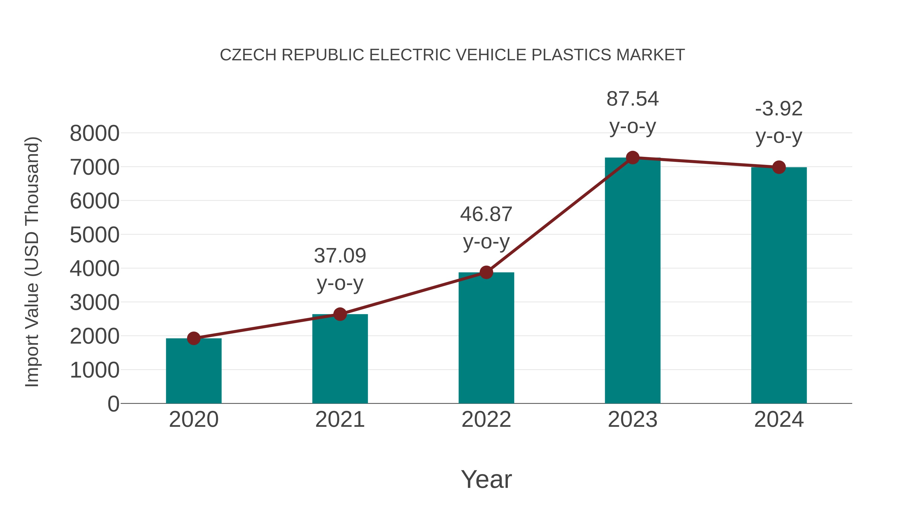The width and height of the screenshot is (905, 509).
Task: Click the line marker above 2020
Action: click(194, 338)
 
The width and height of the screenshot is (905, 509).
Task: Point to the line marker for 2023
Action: click(632, 158)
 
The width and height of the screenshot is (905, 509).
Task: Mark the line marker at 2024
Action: click(779, 167)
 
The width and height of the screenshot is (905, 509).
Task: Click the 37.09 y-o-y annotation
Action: click(340, 269)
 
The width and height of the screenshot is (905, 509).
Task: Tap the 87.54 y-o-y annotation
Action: click(632, 112)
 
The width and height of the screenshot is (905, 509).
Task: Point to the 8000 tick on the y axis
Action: click(95, 133)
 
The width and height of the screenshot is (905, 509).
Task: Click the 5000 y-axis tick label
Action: click(95, 235)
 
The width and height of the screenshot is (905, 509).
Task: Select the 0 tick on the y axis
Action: click(113, 404)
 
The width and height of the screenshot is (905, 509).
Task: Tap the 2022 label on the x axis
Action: click(486, 420)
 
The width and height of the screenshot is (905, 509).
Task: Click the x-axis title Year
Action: click(486, 479)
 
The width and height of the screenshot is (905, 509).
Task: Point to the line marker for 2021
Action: click(340, 314)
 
